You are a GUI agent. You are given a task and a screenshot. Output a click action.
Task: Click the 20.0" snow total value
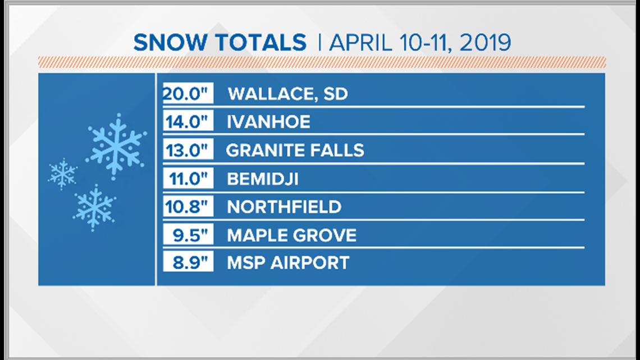188,93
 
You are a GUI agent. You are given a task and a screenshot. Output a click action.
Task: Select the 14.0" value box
188,122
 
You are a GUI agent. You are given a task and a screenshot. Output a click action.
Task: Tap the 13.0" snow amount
188,150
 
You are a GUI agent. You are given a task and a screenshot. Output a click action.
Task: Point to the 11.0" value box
188,179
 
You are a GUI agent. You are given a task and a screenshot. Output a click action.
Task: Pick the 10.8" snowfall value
188,207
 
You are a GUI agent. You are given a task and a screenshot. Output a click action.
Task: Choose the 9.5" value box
188,235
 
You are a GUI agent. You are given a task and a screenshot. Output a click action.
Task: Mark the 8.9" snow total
188,262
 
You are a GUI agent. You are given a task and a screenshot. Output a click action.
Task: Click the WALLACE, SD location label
288,94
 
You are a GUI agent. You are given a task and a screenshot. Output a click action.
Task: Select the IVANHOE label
268,122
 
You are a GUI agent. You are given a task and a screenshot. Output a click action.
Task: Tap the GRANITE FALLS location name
295,150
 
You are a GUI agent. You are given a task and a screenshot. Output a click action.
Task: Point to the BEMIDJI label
263,179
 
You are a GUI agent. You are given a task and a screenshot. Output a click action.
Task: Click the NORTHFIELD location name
284,207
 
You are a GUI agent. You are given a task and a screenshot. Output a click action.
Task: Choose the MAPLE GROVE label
292,235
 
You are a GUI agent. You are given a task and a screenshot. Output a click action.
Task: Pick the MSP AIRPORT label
288,262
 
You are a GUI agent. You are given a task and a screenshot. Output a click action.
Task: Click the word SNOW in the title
170,43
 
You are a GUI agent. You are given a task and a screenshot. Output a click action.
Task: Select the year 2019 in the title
485,43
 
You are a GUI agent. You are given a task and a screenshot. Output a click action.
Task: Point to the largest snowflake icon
116,147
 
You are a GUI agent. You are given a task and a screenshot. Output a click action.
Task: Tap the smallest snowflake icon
62,174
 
